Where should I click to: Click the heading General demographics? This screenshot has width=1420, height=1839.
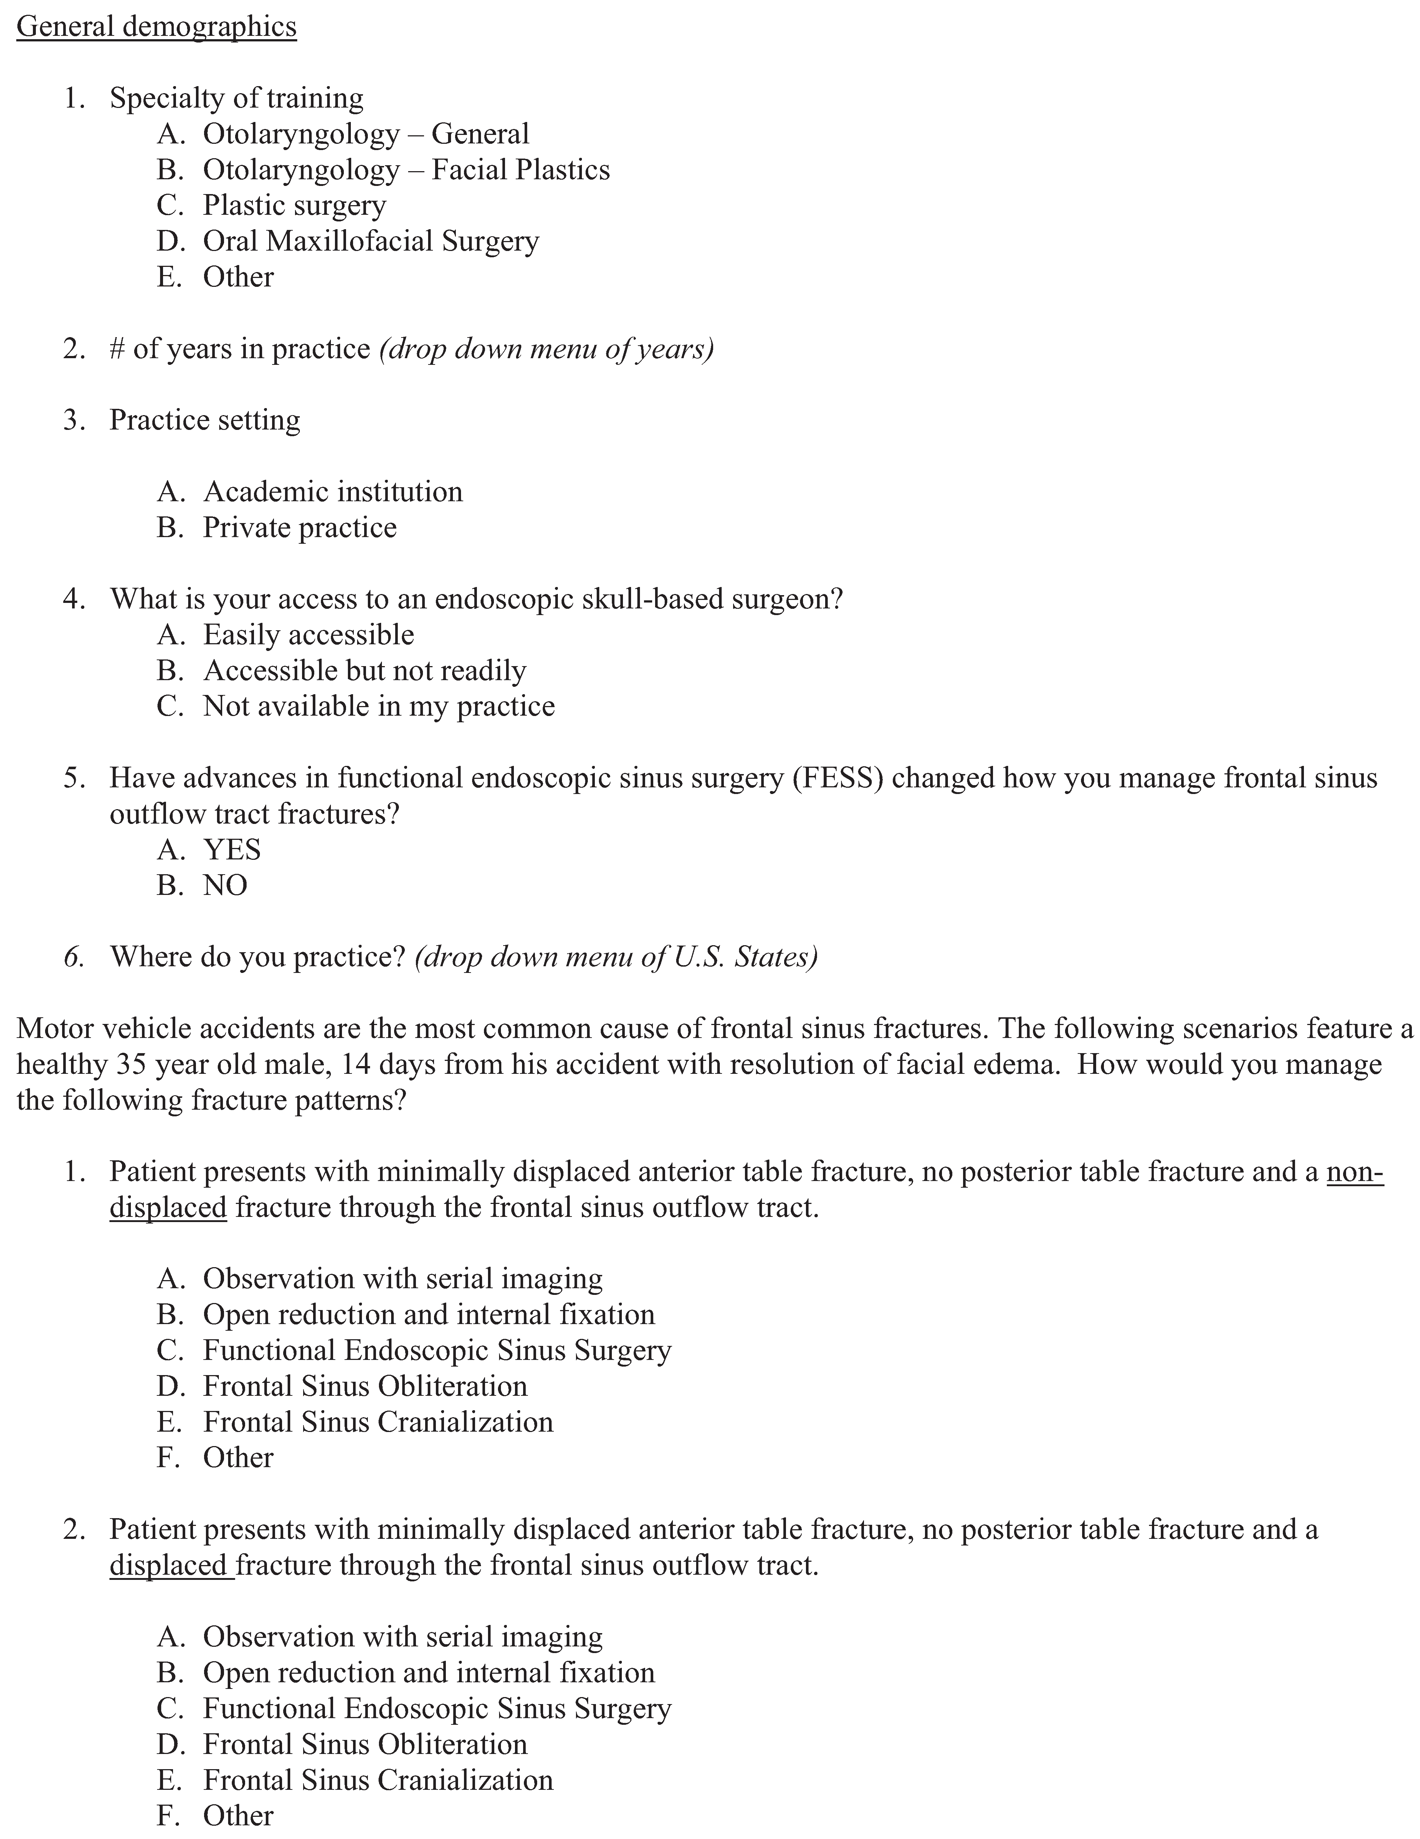(157, 27)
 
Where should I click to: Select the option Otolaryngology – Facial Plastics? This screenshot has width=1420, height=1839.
(406, 170)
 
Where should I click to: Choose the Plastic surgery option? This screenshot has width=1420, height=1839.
(294, 206)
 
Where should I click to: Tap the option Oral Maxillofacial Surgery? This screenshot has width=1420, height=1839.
(370, 242)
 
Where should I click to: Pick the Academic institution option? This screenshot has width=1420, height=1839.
(333, 492)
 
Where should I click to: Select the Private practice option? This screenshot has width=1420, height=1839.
(300, 528)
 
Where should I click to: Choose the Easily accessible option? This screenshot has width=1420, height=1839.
(308, 635)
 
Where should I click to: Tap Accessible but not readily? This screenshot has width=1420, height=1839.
(365, 671)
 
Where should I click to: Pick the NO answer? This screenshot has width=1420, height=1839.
(225, 886)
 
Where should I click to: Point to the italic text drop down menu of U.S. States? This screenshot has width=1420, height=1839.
(616, 957)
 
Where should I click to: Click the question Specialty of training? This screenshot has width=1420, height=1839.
(237, 99)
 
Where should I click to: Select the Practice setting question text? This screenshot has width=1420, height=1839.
(205, 420)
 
